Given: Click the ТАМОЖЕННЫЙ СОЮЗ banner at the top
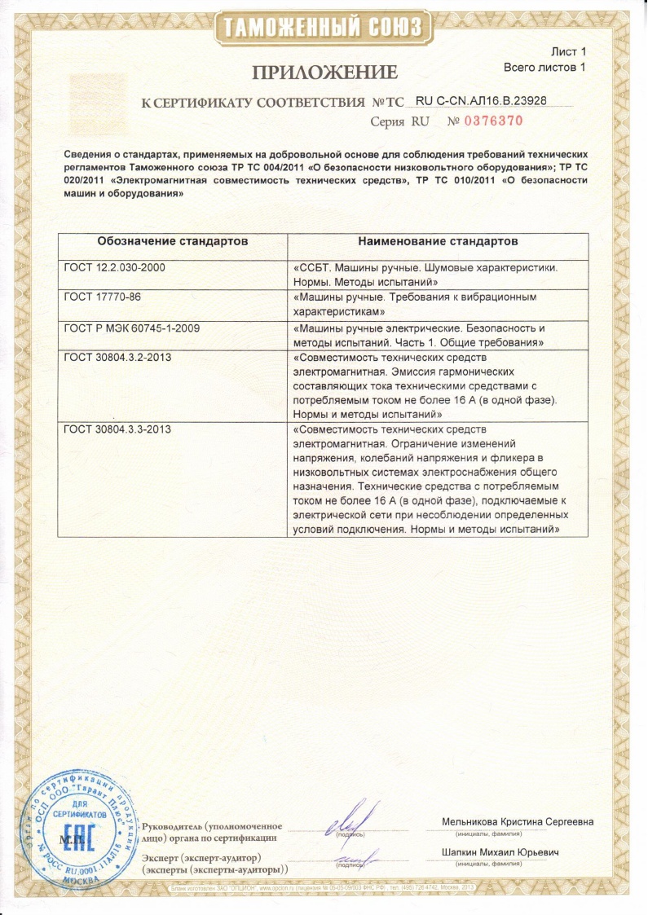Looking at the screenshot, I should coord(324,27).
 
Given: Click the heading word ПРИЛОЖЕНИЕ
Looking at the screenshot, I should coord(324,73).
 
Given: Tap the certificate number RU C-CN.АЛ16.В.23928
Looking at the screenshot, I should coord(481,101).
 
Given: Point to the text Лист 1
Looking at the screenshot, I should coord(570,52).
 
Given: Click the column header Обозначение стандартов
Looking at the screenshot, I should coord(172,242).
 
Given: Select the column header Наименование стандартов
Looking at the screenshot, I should coord(439,242).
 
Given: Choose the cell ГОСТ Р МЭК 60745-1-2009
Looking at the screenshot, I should coord(131,328).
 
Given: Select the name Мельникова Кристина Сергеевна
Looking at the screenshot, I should coord(518,821).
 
